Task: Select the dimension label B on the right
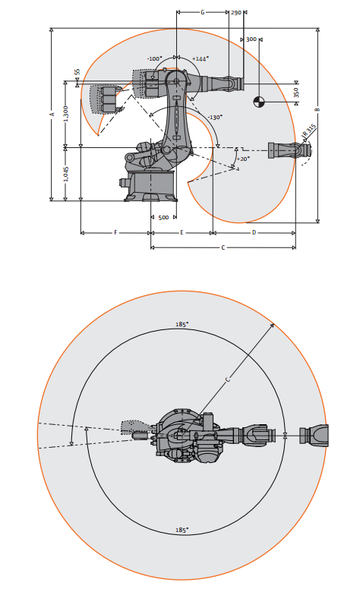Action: click(x=317, y=109)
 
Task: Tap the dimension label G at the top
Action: click(x=202, y=12)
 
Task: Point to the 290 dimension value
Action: click(x=235, y=12)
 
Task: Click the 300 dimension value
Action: click(x=251, y=39)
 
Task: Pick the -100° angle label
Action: click(x=155, y=59)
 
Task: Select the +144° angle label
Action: click(x=201, y=59)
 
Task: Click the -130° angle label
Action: click(x=214, y=117)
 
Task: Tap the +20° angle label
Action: click(x=243, y=159)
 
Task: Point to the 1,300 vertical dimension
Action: click(x=65, y=114)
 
